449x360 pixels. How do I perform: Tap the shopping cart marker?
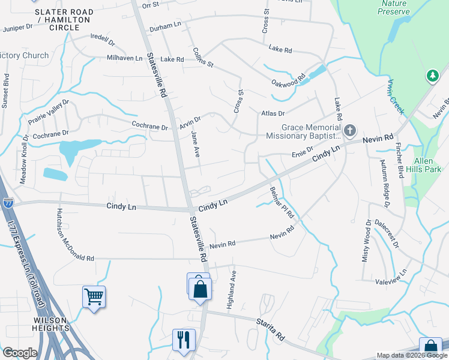coord(94,296)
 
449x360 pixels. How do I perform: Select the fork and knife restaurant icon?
coord(183,339)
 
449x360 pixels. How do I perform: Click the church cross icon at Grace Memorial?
coord(349,130)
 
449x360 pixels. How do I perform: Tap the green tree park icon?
coord(432,76)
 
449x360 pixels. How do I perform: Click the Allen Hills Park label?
coord(428,165)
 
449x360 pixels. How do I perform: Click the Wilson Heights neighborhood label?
coord(50,325)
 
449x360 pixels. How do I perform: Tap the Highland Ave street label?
coord(232,289)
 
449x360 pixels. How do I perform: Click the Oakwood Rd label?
coord(289,80)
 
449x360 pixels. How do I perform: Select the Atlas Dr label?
coord(273,113)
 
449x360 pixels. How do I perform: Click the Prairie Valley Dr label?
coord(49,112)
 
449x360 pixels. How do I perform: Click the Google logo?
coord(20,353)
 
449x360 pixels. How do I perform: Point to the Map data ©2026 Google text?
coord(411,355)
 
